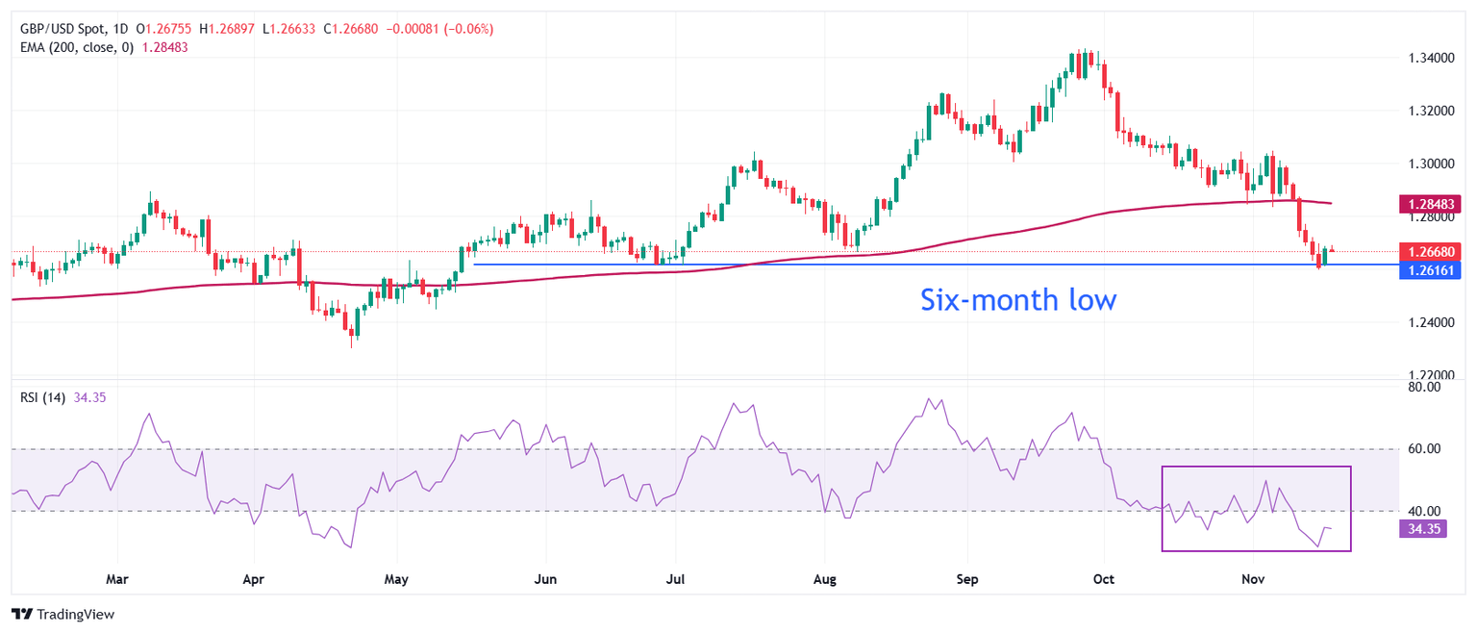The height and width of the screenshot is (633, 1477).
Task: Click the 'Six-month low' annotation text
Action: pyautogui.click(x=1018, y=300)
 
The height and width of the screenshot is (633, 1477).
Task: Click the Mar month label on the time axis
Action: pyautogui.click(x=117, y=579)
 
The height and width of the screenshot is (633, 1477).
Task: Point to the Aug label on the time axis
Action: pyautogui.click(x=824, y=579)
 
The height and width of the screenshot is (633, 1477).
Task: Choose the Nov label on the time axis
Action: pyautogui.click(x=1252, y=579)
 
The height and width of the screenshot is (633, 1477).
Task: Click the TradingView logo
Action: pyautogui.click(x=63, y=614)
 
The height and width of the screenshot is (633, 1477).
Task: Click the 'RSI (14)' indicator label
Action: pyautogui.click(x=43, y=397)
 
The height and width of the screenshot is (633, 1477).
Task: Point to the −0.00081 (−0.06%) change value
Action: pyautogui.click(x=439, y=30)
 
